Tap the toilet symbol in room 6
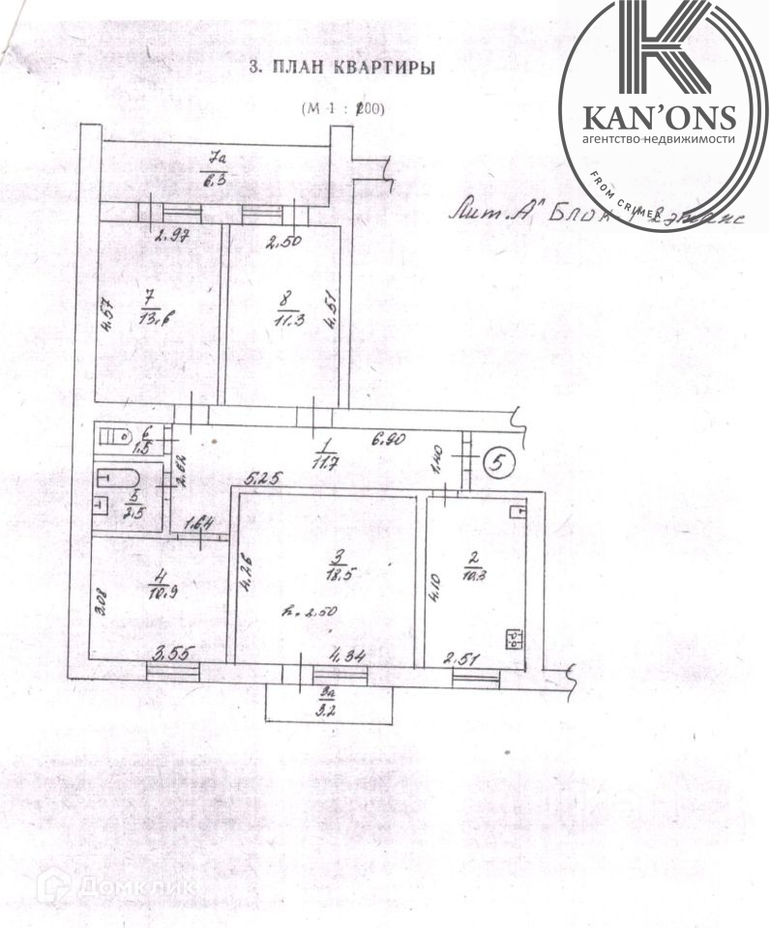coord(116,437)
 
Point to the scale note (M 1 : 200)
coord(342,108)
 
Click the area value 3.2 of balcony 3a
coord(331,704)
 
